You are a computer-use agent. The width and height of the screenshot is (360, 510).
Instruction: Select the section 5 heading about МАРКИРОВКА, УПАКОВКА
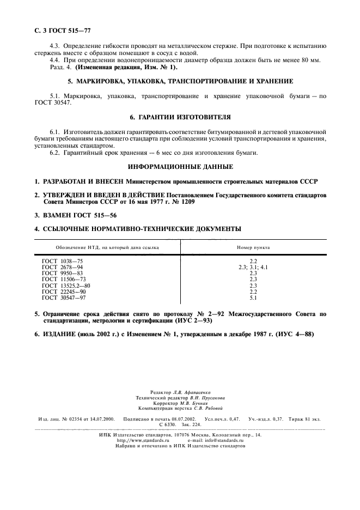point(180,81)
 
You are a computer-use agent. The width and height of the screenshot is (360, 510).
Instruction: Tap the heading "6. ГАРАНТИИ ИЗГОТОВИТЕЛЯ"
point(180,117)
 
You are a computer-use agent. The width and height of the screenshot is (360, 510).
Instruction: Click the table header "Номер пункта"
point(253,247)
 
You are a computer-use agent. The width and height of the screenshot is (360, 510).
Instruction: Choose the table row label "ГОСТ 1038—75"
point(63,262)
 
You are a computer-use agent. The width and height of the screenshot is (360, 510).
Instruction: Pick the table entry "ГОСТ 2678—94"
point(63,268)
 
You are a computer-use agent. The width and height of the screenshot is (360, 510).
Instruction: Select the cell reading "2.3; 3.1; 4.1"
point(253,268)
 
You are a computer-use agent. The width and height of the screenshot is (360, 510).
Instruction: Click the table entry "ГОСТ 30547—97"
point(64,297)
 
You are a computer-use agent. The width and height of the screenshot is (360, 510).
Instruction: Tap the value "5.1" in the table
point(253,297)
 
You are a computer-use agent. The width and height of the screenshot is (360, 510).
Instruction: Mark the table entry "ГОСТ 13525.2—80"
point(66,286)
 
